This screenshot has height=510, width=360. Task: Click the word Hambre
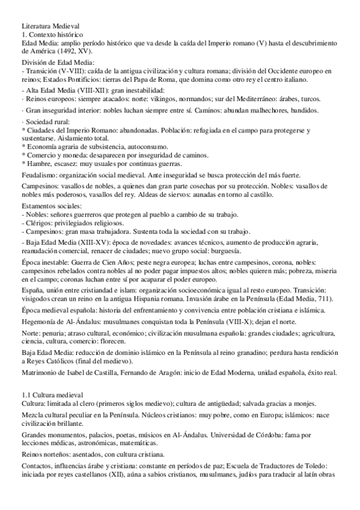36,163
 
